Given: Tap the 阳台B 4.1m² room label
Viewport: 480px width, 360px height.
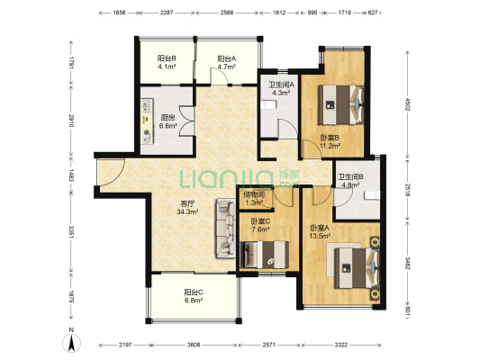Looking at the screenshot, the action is [x=167, y=62].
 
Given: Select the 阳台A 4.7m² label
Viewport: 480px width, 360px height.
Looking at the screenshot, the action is [x=227, y=62].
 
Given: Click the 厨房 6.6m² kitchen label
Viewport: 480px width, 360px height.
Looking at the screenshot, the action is [x=168, y=121].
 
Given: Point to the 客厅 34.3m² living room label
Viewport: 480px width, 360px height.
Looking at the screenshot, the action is [x=187, y=207].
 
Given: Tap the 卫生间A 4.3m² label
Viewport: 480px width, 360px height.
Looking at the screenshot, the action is [x=281, y=88].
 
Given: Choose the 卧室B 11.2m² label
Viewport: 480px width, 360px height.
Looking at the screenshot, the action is [x=330, y=141].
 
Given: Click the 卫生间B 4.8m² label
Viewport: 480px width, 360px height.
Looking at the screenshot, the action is [x=350, y=181].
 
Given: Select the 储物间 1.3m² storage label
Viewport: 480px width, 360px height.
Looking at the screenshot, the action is [x=254, y=198].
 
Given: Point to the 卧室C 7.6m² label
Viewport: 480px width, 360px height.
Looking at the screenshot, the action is [x=260, y=225].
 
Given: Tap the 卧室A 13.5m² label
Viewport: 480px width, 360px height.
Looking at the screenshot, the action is [x=320, y=231].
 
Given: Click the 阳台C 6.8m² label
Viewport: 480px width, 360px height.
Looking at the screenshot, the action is [x=194, y=296].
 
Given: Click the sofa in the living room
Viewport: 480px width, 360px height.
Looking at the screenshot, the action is [x=225, y=229].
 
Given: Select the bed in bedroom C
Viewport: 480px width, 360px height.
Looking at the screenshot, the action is [x=265, y=255].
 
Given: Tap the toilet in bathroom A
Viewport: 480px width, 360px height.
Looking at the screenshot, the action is [x=268, y=105].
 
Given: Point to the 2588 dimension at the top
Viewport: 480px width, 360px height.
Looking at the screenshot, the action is [x=227, y=13].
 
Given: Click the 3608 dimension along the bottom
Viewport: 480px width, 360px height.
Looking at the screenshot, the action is [x=194, y=345].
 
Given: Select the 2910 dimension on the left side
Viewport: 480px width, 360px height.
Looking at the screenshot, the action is [x=71, y=121].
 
